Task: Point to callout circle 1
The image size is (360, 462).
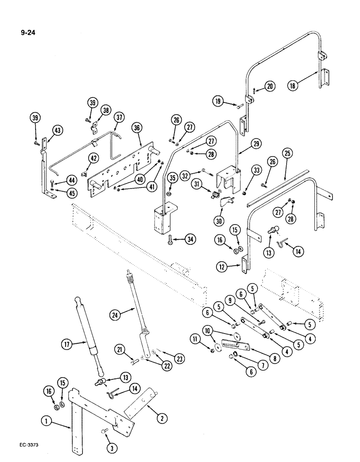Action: tap(46, 421)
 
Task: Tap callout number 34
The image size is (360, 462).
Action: tap(190, 239)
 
